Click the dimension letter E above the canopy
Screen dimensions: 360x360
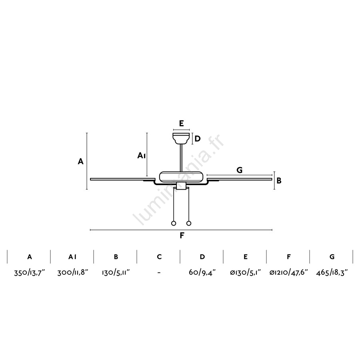pyautogui.click(x=181, y=124)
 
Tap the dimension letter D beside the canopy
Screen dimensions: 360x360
pyautogui.click(x=198, y=139)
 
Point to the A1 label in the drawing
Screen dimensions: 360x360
pyautogui.click(x=142, y=156)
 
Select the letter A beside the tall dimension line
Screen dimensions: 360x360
pyautogui.click(x=80, y=162)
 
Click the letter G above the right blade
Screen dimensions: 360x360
pyautogui.click(x=239, y=170)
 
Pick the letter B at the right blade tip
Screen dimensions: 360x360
pyautogui.click(x=279, y=181)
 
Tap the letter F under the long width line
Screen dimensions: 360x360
pyautogui.click(x=182, y=235)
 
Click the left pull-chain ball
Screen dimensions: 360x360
pyautogui.click(x=174, y=223)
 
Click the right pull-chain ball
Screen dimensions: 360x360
pyautogui.click(x=189, y=223)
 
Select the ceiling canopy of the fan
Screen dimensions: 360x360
pyautogui.click(x=181, y=139)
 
